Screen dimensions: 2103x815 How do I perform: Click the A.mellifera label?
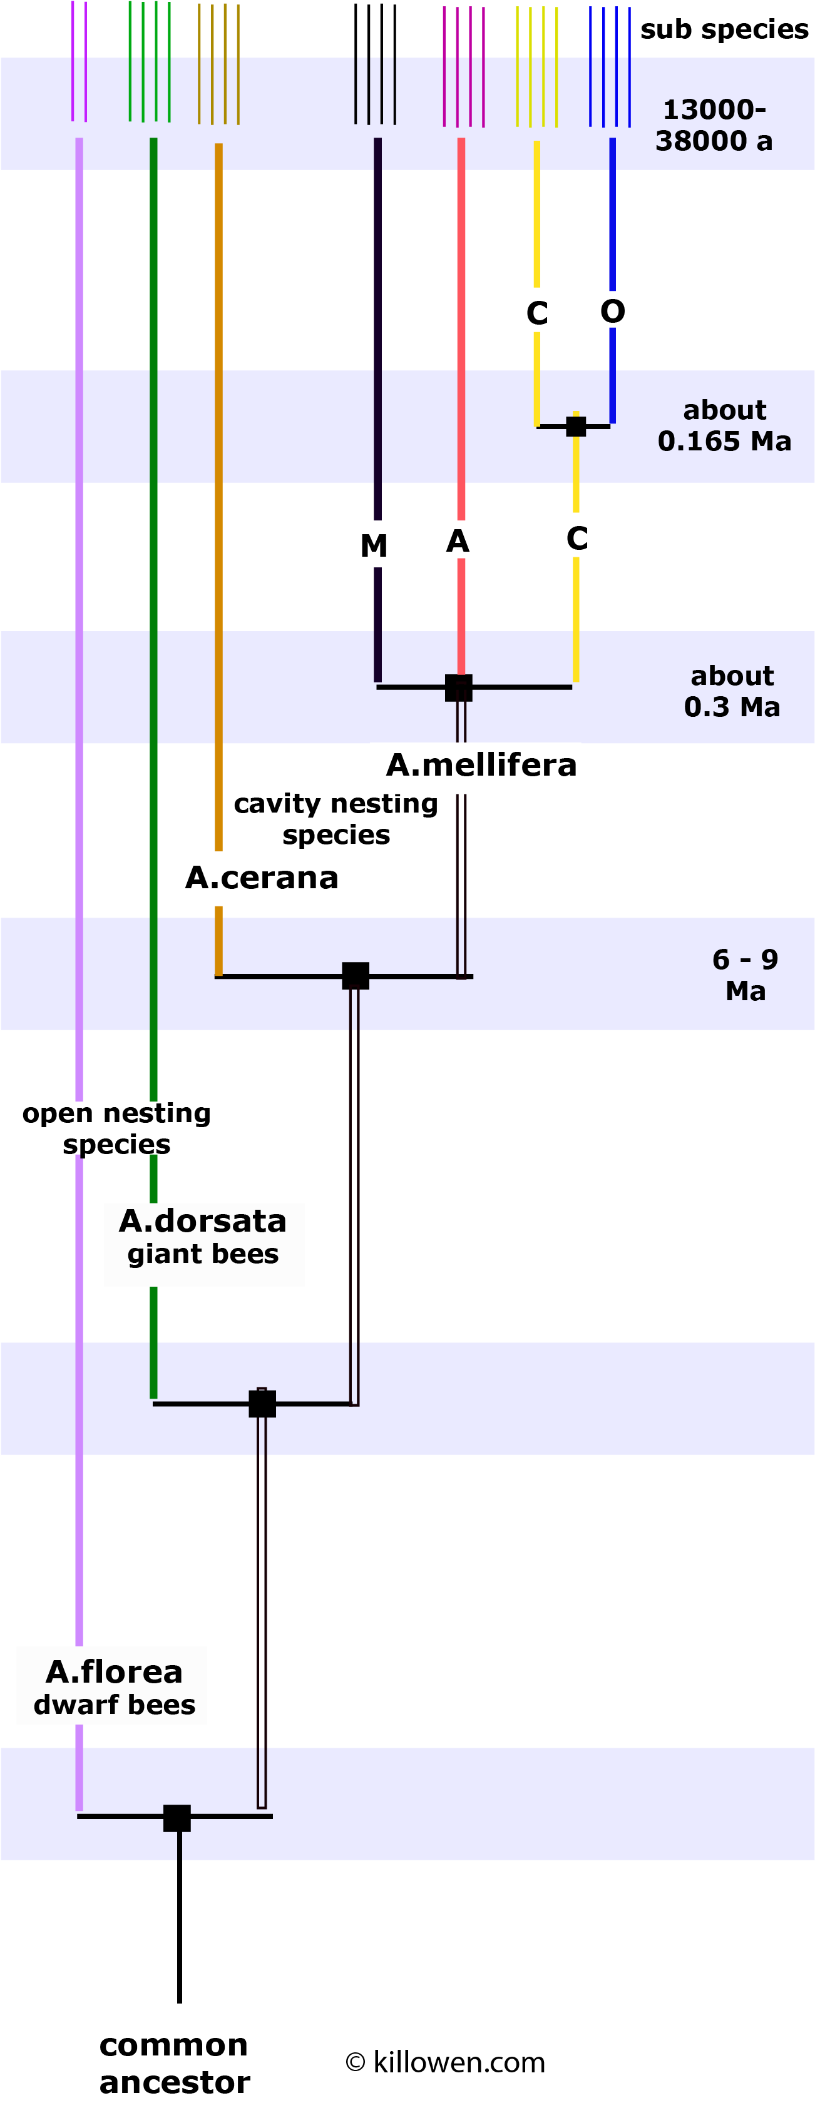click(481, 765)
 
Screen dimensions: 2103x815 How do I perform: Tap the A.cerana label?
click(261, 878)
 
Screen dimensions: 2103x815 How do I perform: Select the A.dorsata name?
click(203, 1220)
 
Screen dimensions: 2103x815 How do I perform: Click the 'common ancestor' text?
click(174, 2062)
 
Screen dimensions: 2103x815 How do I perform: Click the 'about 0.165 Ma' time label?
click(724, 425)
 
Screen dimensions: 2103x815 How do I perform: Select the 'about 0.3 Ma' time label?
click(732, 691)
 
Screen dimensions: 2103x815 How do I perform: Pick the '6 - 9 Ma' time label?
click(745, 975)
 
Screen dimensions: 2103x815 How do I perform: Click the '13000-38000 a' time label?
click(714, 125)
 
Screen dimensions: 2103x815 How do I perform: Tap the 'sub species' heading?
click(724, 29)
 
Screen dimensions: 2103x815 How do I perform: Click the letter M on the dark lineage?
click(374, 545)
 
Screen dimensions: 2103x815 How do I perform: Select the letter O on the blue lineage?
click(612, 311)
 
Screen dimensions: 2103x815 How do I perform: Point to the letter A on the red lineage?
click(458, 540)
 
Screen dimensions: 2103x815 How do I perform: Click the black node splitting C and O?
click(576, 426)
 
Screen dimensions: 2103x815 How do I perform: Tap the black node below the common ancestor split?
click(177, 1818)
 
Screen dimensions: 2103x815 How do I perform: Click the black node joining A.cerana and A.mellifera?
click(356, 976)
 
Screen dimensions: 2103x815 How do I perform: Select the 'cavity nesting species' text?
click(336, 819)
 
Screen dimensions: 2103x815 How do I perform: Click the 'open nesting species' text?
click(117, 1128)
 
